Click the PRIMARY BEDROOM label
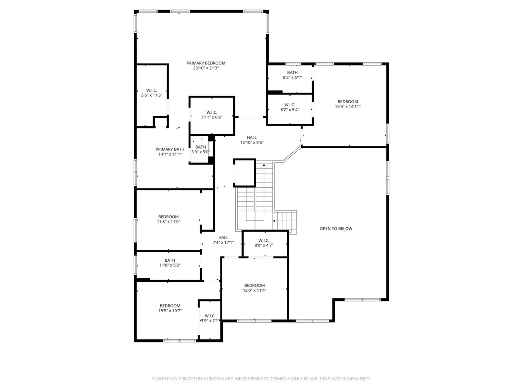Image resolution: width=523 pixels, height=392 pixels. click(206, 63)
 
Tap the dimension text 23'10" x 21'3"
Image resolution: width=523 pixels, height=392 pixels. click(206, 68)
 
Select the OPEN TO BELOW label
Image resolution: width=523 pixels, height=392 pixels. click(336, 229)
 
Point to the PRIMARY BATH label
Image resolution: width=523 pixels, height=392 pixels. click(170, 149)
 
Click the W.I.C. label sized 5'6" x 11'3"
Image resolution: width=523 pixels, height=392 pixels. click(152, 91)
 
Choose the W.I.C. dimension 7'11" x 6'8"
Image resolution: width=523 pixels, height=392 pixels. click(212, 117)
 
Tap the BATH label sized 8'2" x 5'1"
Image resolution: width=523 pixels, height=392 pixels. click(292, 73)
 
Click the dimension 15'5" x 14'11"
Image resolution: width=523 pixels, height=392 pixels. click(348, 107)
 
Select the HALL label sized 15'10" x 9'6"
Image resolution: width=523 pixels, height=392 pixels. click(252, 138)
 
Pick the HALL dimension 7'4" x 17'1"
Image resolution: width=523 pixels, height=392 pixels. click(223, 243)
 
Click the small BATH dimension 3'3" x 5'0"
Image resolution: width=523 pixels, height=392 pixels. click(200, 152)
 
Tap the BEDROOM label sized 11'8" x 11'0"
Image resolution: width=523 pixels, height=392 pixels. click(169, 217)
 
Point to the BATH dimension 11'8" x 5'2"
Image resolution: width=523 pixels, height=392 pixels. click(170, 265)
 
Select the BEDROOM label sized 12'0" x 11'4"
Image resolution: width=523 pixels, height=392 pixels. click(255, 285)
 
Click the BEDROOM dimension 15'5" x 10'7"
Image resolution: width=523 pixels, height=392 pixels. click(170, 311)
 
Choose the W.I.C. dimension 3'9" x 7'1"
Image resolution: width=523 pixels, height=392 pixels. click(210, 321)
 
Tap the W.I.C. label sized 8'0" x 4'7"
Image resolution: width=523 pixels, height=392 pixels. click(264, 240)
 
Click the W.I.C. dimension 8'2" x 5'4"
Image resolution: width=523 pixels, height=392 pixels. click(290, 110)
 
